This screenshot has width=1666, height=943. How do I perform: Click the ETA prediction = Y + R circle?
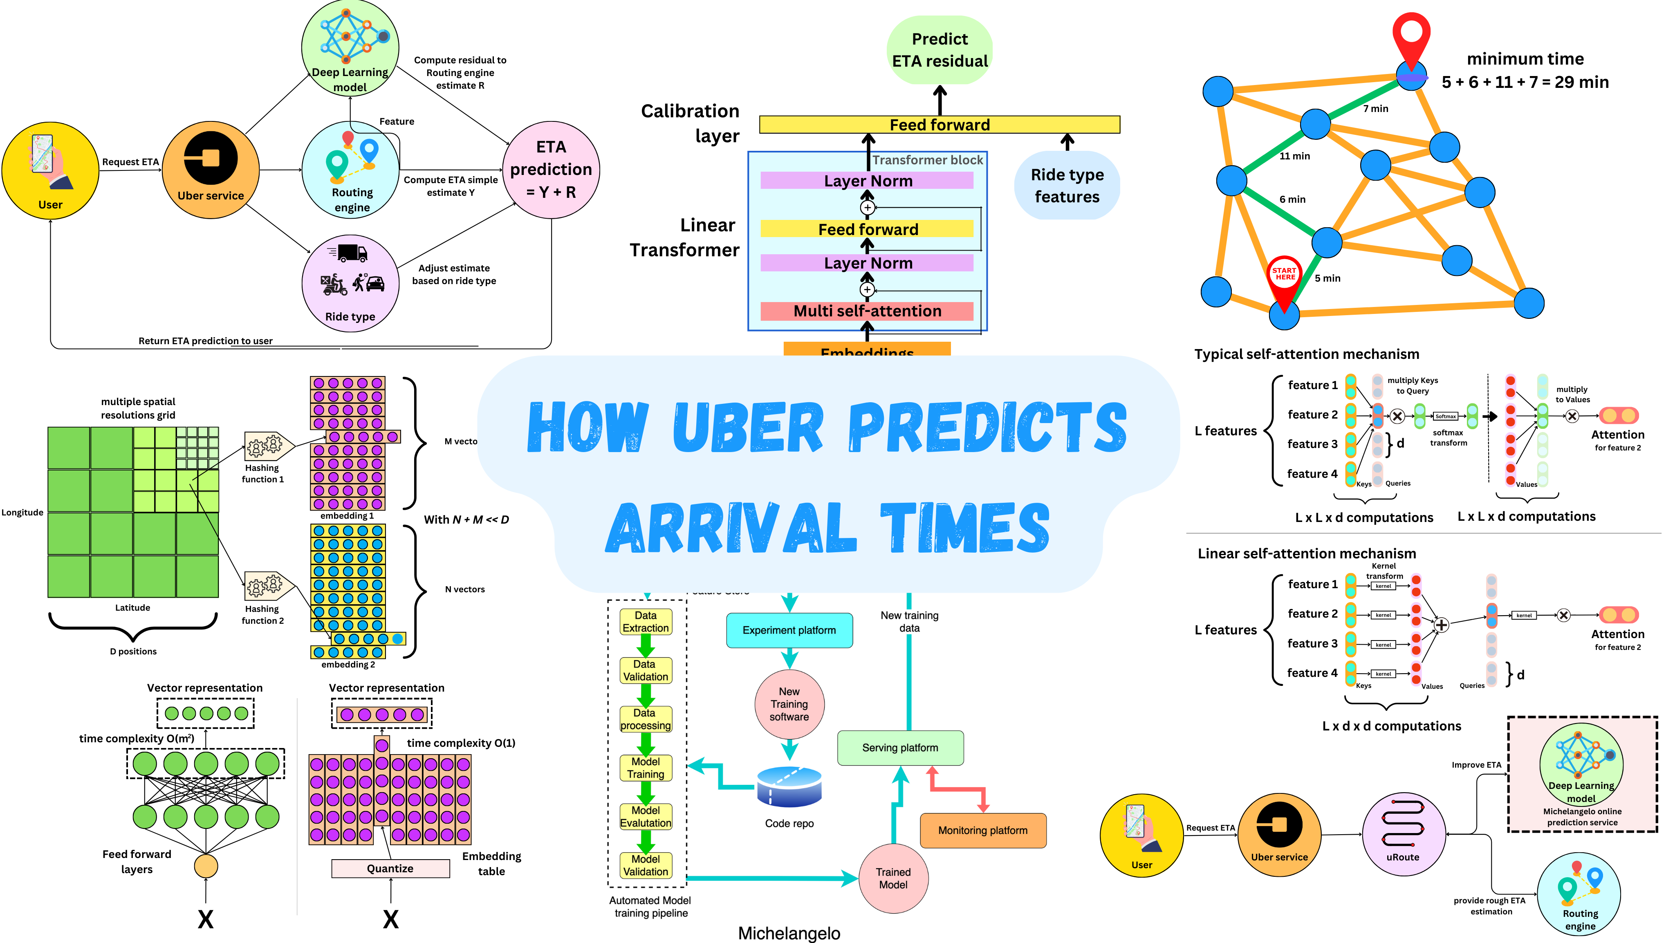coord(551,170)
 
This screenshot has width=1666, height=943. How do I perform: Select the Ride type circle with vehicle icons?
coord(350,283)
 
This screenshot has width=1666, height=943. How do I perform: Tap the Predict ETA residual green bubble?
coord(939,50)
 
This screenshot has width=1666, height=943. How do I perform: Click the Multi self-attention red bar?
coord(867,311)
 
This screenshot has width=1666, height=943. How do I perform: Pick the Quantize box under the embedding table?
coord(390,869)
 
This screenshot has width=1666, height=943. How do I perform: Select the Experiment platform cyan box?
coord(789,630)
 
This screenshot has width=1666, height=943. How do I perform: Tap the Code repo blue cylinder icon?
coord(789,787)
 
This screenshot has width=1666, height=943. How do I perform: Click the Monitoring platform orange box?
coord(982,830)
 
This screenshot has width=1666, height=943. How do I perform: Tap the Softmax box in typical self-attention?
coord(1445,417)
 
